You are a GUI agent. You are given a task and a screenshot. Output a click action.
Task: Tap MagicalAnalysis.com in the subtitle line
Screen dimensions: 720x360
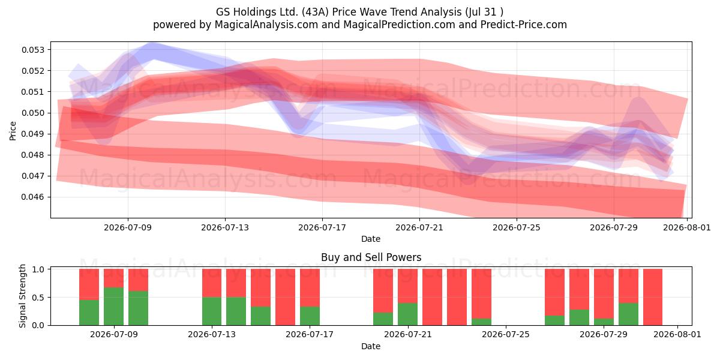click(266, 25)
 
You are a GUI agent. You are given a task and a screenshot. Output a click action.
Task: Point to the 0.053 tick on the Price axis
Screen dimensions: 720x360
click(33, 49)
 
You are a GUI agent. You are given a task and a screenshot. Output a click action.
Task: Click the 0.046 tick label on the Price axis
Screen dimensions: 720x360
click(33, 197)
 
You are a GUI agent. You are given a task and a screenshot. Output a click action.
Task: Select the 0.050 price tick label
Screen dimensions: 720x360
click(33, 113)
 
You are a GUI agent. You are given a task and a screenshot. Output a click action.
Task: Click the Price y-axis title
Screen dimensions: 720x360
click(13, 131)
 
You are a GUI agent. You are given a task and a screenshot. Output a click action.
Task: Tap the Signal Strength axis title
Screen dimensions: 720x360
click(22, 296)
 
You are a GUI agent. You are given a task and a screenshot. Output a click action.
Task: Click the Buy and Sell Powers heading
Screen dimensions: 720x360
click(371, 257)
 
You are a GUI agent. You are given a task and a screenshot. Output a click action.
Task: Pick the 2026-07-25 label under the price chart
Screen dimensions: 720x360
click(517, 227)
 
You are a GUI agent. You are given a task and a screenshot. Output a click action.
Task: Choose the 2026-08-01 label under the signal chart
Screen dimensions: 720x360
click(677, 334)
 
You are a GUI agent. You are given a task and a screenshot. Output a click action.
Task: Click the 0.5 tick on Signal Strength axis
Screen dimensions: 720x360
click(39, 298)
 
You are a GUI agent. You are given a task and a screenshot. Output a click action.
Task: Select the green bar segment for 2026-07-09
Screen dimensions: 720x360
click(113, 307)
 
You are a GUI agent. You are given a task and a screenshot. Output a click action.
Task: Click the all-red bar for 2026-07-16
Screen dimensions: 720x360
click(285, 297)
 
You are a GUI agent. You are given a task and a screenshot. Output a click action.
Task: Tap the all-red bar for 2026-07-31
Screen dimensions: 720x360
click(653, 297)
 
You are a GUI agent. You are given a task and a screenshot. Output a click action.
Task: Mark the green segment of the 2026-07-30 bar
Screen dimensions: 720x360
click(628, 314)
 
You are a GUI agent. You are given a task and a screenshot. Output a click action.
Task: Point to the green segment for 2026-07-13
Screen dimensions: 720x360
click(212, 311)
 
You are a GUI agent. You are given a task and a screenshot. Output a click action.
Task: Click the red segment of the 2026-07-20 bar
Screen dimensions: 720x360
click(383, 291)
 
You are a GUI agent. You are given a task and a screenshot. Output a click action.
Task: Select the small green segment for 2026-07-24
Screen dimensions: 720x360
click(481, 322)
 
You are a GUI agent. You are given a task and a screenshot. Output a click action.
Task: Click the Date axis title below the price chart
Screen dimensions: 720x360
click(371, 239)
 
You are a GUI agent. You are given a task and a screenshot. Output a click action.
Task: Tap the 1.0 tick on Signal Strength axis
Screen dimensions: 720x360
click(39, 269)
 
